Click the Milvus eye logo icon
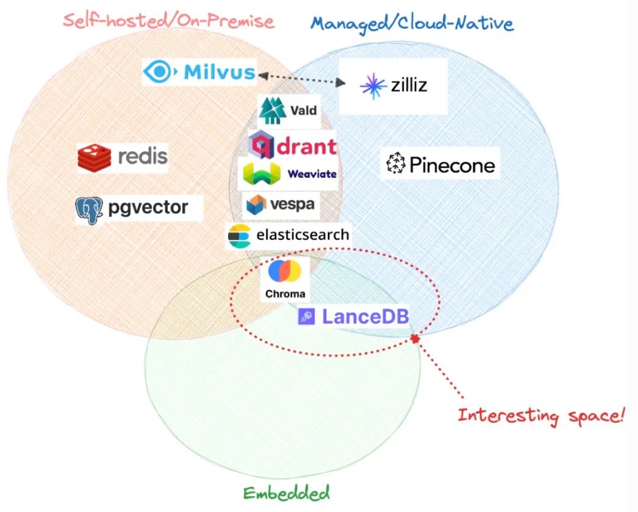(160, 73)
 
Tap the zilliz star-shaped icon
(373, 86)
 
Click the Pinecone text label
(452, 165)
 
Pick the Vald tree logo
(272, 110)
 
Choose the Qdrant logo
(293, 145)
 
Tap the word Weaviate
(312, 174)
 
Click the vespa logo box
(281, 204)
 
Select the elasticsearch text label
(303, 235)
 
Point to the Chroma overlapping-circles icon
(285, 271)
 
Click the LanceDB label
(365, 317)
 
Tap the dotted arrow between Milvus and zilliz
(299, 78)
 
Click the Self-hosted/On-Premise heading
(168, 21)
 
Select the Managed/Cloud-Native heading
(412, 23)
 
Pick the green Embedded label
(286, 492)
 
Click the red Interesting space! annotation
(542, 416)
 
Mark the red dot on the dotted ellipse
(415, 338)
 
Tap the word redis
(142, 156)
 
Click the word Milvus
(220, 73)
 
